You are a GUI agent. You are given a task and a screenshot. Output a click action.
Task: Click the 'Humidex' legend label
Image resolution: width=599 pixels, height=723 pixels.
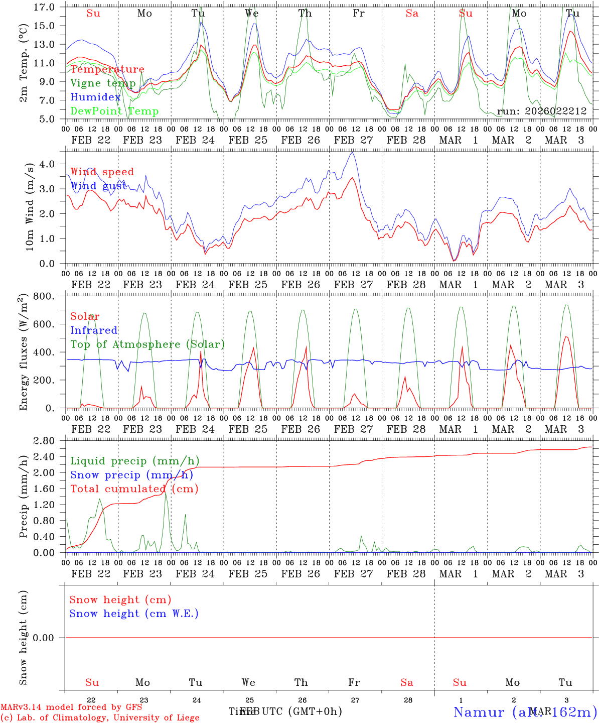[x=95, y=97]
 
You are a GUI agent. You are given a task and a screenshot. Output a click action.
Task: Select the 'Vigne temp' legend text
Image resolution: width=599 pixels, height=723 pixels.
[x=103, y=83]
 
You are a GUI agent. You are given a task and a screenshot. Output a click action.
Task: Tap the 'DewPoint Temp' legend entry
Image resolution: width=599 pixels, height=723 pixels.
[x=114, y=111]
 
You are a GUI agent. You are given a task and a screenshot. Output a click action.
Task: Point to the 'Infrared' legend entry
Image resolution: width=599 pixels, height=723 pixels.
[x=94, y=330]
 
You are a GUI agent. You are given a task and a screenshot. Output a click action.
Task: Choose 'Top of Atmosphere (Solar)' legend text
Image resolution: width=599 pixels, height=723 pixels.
[x=147, y=344]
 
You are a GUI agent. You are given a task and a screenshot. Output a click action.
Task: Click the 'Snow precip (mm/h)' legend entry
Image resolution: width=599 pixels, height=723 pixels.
[x=131, y=475]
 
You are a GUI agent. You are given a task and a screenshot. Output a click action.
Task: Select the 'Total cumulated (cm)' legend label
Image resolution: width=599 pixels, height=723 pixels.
[x=134, y=489]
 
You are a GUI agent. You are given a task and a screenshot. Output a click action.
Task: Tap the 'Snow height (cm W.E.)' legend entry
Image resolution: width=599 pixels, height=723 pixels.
[x=134, y=614]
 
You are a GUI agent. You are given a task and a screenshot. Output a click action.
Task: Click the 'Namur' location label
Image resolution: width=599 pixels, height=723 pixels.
[x=479, y=712]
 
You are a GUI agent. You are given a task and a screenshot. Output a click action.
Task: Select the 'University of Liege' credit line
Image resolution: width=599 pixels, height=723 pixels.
[x=100, y=718]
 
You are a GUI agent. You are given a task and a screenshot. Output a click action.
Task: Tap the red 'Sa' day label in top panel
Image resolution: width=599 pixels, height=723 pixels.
[x=412, y=14]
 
